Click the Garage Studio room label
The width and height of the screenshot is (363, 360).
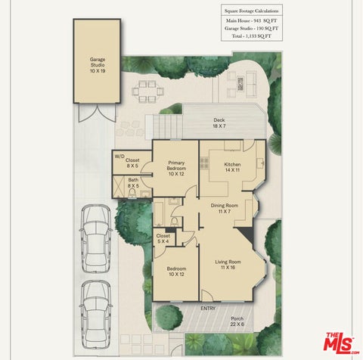[x=98, y=65]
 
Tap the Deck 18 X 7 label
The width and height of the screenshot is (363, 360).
[x=219, y=123]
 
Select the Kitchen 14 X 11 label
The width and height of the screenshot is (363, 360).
[x=232, y=167]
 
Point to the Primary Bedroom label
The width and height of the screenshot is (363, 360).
[x=176, y=168]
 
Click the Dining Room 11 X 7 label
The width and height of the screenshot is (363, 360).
[x=225, y=208]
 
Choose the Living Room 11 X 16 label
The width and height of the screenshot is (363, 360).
[x=228, y=265]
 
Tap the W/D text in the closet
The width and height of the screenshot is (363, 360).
[x=119, y=157]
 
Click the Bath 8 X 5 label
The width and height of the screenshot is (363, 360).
[x=133, y=183]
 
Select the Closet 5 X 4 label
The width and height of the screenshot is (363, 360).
[x=163, y=238]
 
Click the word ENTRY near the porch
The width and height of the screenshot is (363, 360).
[x=208, y=308]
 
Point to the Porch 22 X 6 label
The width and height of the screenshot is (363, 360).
[x=237, y=321]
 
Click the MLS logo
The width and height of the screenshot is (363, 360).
[x=341, y=343]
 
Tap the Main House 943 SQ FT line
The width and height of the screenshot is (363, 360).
[x=251, y=20]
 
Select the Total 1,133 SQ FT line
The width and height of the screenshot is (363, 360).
[x=252, y=36]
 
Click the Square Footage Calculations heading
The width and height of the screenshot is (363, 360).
[x=252, y=11]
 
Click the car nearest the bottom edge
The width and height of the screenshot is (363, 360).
[x=95, y=315]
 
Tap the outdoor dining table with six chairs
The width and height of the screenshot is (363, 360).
[x=148, y=92]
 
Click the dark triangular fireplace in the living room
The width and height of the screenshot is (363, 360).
[x=246, y=235]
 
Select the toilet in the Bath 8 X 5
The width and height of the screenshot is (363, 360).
[x=132, y=194]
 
